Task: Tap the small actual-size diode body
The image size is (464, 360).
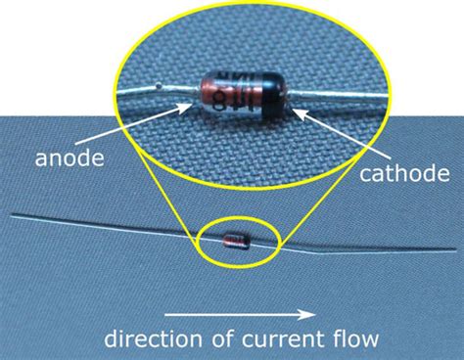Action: coord(236,238)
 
